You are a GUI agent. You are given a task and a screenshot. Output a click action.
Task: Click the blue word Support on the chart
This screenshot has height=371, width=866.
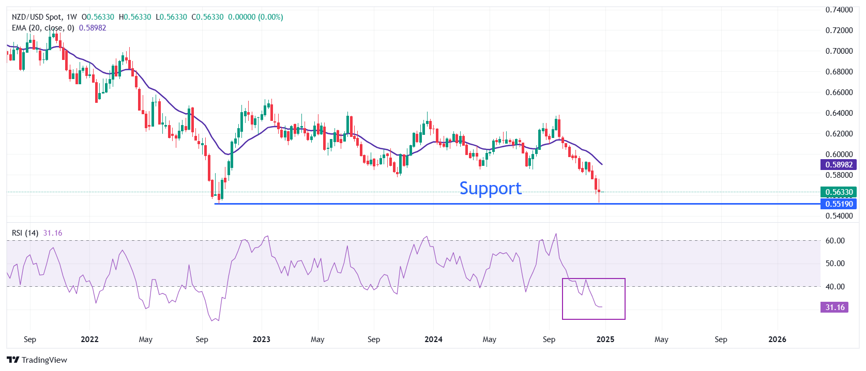pos(490,188)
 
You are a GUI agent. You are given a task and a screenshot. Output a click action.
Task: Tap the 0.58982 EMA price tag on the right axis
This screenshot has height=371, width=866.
pos(839,165)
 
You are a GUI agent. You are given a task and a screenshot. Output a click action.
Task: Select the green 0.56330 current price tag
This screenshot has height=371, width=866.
pos(839,192)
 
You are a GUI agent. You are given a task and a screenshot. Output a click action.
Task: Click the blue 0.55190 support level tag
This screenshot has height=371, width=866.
pos(839,204)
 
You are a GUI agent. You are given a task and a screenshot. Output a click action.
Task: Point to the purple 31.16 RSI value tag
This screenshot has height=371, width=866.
pos(834,307)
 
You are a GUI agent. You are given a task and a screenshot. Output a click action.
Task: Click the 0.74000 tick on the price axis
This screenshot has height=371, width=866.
pos(839,10)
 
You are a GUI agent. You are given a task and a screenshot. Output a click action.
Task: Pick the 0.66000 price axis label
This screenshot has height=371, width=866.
pos(839,92)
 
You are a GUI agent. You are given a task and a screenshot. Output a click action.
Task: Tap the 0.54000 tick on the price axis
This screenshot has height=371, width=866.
pos(839,216)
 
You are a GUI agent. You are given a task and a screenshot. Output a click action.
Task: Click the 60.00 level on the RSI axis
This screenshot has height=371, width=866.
pos(835,241)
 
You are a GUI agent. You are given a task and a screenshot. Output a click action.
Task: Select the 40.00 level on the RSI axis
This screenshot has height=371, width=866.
pos(835,287)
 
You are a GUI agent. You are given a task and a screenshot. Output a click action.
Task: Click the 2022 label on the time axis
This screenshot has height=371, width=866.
pos(89,339)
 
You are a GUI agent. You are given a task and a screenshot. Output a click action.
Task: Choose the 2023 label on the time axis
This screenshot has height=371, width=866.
pos(261,339)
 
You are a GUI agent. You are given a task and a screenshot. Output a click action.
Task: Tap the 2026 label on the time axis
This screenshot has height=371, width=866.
pos(777,339)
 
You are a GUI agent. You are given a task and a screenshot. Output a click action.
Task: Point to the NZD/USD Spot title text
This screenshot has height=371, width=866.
pos(36,17)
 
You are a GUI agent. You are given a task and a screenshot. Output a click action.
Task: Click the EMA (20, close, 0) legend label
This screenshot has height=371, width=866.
pos(43,28)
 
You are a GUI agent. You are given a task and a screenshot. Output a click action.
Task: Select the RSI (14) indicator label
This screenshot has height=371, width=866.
pos(25,233)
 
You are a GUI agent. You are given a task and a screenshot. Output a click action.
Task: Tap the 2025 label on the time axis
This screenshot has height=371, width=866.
pos(605,339)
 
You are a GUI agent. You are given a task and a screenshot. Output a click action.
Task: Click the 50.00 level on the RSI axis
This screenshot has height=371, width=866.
pos(835,264)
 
